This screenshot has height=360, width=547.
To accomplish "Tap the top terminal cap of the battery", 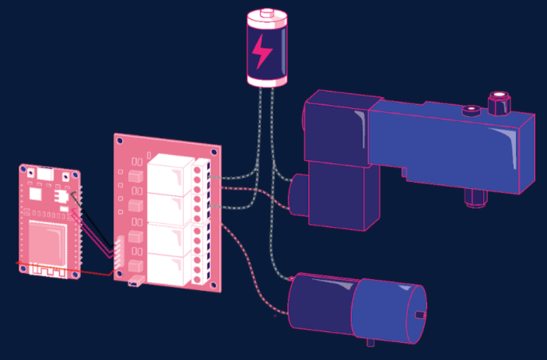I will [266, 13].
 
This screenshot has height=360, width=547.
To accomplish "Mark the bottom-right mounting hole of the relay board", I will [209, 285].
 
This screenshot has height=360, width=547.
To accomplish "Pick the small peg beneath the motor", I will [370, 342].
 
